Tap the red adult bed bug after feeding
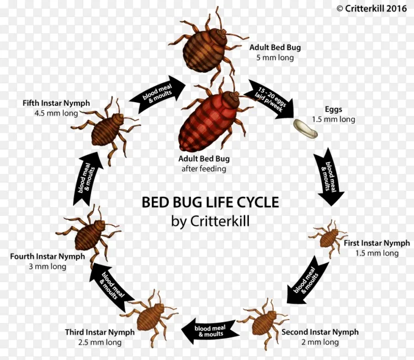click(x=206, y=122)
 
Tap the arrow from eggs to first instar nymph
click(x=330, y=177)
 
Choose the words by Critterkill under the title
click(x=210, y=221)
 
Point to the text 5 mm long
click(x=274, y=57)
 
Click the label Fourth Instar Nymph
click(x=47, y=257)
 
